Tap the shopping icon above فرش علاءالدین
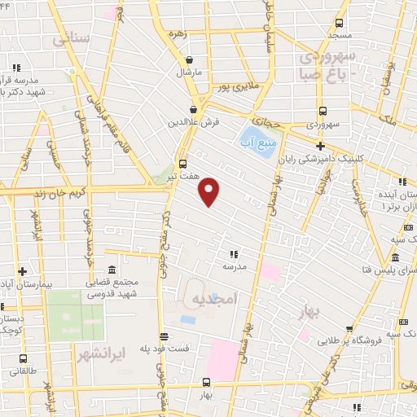click(x=194, y=109)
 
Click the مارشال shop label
click(x=189, y=72)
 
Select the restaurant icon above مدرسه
click(x=235, y=253)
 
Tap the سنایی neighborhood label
click(x=72, y=38)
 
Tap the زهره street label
click(x=178, y=35)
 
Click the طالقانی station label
click(x=22, y=371)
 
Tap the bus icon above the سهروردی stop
click(x=323, y=112)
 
